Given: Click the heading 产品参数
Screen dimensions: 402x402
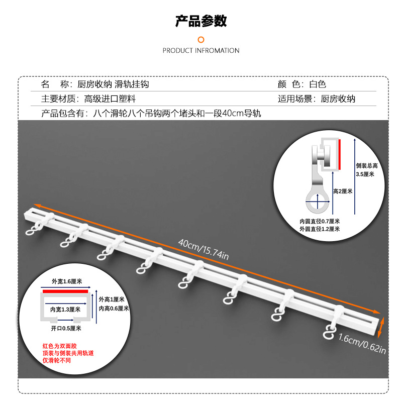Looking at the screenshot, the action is click(x=201, y=21).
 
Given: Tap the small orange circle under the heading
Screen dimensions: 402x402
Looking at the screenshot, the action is click(x=201, y=40).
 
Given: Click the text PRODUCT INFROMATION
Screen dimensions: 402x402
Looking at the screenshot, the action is click(x=201, y=50).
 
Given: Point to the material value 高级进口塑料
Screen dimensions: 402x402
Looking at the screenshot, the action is click(x=110, y=99).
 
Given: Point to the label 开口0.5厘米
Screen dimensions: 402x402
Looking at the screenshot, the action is click(x=66, y=328).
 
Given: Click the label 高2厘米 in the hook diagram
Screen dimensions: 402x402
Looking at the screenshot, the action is click(x=343, y=191).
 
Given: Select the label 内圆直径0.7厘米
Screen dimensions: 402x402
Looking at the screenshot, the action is click(x=320, y=222).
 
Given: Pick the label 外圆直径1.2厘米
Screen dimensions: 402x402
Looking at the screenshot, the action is click(x=320, y=229).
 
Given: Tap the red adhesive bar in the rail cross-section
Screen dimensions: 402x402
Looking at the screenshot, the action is click(x=65, y=290).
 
